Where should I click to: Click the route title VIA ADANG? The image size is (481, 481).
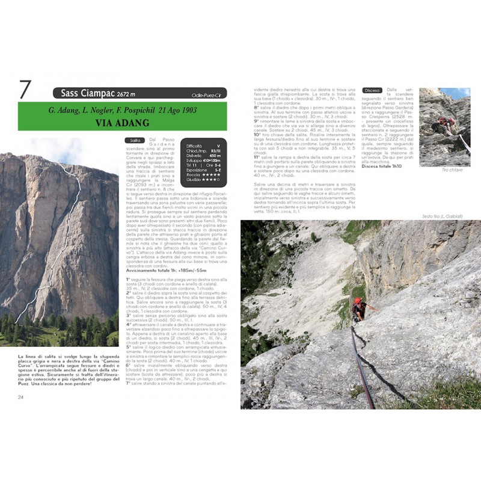[122, 122]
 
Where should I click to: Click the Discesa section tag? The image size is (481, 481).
[372, 91]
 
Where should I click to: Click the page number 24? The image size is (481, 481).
[21, 396]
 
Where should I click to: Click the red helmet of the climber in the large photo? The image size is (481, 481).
[358, 301]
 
